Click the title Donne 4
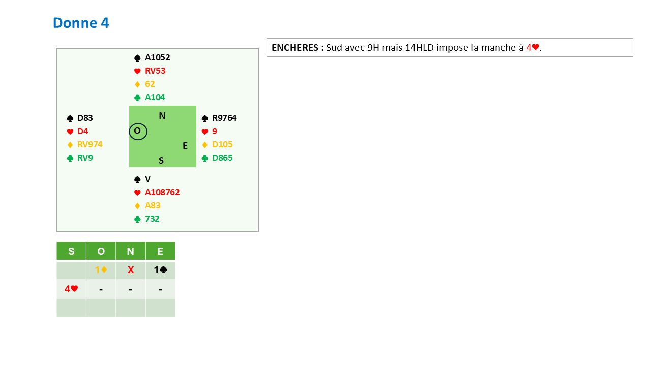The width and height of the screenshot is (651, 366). point(81,23)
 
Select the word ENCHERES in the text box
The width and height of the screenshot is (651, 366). point(295,48)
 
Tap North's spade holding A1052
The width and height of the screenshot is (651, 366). point(157,57)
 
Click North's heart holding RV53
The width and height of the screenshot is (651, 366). point(155,71)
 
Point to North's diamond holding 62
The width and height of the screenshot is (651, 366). point(150,84)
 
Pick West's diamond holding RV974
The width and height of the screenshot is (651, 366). point(90,144)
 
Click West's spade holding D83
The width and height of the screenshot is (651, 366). point(85,118)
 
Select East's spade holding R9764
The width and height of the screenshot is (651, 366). point(224,118)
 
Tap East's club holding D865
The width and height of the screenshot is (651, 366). point(222,158)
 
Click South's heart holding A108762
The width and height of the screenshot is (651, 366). point(162,192)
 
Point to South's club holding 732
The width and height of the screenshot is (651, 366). point(152,219)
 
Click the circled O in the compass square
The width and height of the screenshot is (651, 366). point(138,131)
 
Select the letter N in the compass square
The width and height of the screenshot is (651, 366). point(162,116)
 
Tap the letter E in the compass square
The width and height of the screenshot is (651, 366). point(185,146)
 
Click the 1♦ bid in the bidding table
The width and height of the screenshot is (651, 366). point(101,270)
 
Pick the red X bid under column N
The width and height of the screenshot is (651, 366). point(131,270)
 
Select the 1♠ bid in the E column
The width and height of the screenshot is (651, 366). point(160,270)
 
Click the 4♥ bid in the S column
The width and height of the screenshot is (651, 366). point(71,289)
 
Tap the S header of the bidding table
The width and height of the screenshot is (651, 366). point(71,251)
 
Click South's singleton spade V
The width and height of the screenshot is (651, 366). point(147,179)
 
